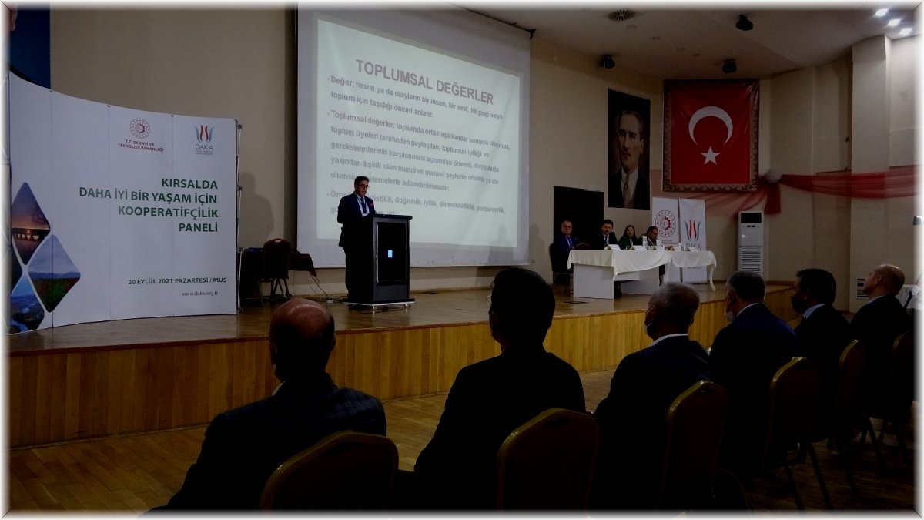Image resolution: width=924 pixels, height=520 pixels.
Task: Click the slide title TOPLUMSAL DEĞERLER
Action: [x=423, y=81]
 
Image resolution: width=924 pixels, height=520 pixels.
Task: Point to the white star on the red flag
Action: [x=710, y=156]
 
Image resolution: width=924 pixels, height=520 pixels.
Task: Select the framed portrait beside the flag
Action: [x=628, y=149]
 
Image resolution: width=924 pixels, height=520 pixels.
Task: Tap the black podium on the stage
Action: [x=380, y=258]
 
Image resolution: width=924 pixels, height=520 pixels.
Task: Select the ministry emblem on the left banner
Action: [x=139, y=129]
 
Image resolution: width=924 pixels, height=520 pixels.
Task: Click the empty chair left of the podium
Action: [x=276, y=266]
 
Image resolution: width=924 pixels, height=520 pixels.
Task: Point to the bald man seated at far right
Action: [x=882, y=308]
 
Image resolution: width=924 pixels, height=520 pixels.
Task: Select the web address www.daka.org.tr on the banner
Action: [x=199, y=294]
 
